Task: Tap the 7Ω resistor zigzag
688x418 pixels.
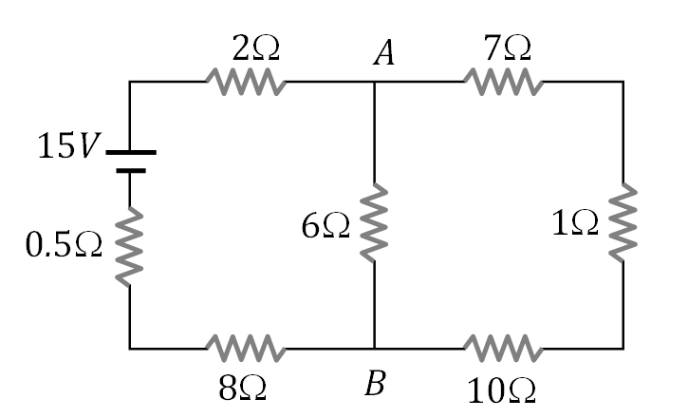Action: click(x=503, y=83)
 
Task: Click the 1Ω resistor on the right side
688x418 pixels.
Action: click(x=623, y=221)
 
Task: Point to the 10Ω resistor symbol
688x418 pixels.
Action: click(x=503, y=349)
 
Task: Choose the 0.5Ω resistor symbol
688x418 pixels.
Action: click(x=129, y=247)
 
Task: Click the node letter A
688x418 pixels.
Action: click(x=382, y=55)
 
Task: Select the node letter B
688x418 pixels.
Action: click(x=376, y=385)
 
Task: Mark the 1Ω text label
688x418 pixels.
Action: click(x=574, y=224)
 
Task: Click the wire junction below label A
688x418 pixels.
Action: click(x=375, y=83)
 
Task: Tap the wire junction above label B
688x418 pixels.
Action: click(x=375, y=349)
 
